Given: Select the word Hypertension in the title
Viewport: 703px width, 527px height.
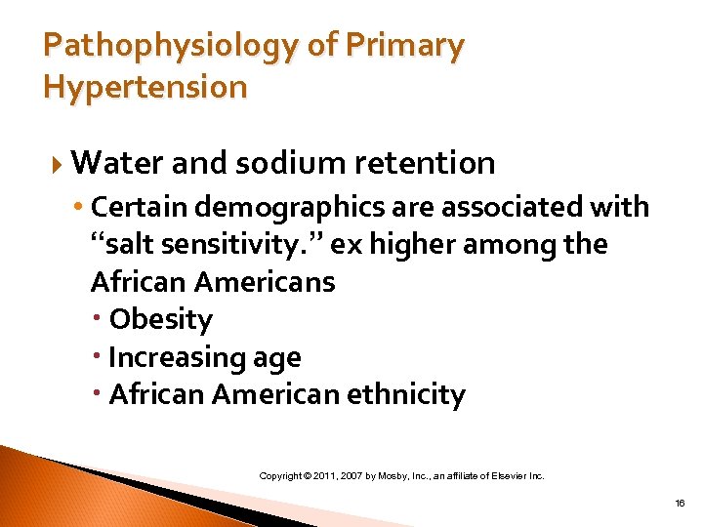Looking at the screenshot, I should (x=145, y=88).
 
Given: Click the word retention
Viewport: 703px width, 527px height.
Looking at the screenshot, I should (x=430, y=162).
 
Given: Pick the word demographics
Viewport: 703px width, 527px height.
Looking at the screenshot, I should (x=274, y=207).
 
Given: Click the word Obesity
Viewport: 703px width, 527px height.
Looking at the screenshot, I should (x=160, y=319).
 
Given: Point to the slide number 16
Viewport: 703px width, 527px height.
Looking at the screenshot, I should (x=680, y=503).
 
